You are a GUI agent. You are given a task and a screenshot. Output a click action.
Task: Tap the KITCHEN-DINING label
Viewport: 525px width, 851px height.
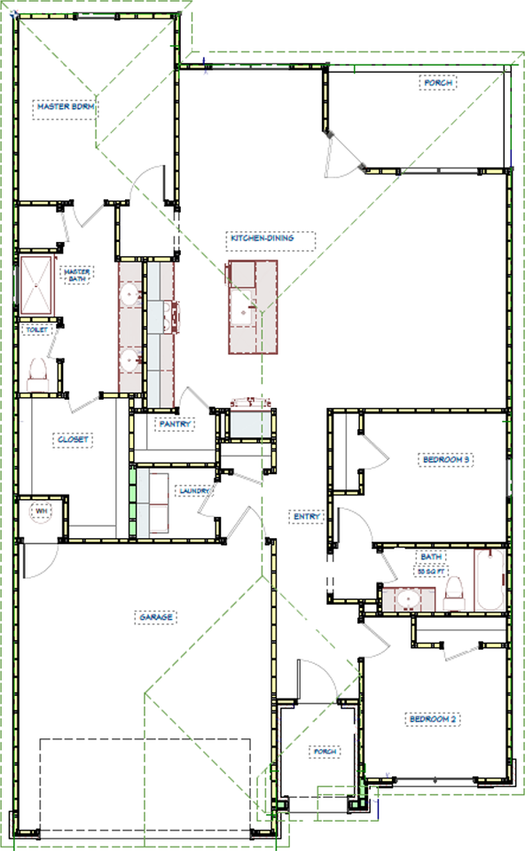pyautogui.click(x=261, y=238)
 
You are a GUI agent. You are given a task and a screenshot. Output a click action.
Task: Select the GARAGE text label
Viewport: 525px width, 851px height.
pyautogui.click(x=154, y=616)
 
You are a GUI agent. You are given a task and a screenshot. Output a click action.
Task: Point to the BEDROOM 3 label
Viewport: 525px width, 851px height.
pyautogui.click(x=445, y=459)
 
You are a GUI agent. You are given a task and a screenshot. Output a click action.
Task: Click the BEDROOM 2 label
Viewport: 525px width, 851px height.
pyautogui.click(x=432, y=718)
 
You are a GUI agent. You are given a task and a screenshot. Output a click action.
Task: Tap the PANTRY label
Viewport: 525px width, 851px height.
pyautogui.click(x=176, y=425)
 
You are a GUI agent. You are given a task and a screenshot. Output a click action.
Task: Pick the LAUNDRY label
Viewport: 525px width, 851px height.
pyautogui.click(x=193, y=489)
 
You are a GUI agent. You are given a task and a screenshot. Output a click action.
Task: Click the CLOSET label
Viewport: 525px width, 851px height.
pyautogui.click(x=74, y=440)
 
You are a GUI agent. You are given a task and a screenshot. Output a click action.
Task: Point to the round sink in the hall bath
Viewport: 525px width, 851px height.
pyautogui.click(x=407, y=599)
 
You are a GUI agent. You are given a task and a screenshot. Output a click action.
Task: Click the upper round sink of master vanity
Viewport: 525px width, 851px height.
pyautogui.click(x=130, y=293)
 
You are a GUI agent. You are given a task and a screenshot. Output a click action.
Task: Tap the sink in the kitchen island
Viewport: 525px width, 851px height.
pyautogui.click(x=242, y=312)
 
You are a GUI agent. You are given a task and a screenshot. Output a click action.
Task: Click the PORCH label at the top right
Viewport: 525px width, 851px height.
pyautogui.click(x=437, y=84)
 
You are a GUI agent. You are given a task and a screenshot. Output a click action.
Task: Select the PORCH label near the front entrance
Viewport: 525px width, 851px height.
pyautogui.click(x=325, y=752)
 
